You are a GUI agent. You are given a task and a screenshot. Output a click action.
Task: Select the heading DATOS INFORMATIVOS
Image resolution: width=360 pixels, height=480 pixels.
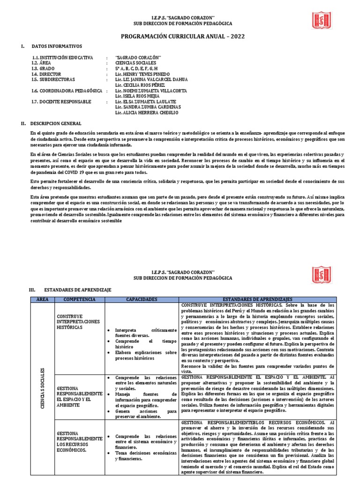coord(56,46)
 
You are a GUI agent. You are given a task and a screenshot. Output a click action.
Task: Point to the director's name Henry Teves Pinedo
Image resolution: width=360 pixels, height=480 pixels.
coord(143,74)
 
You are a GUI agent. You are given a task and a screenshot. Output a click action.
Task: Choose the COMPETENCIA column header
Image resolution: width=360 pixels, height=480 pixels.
coord(79,299)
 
